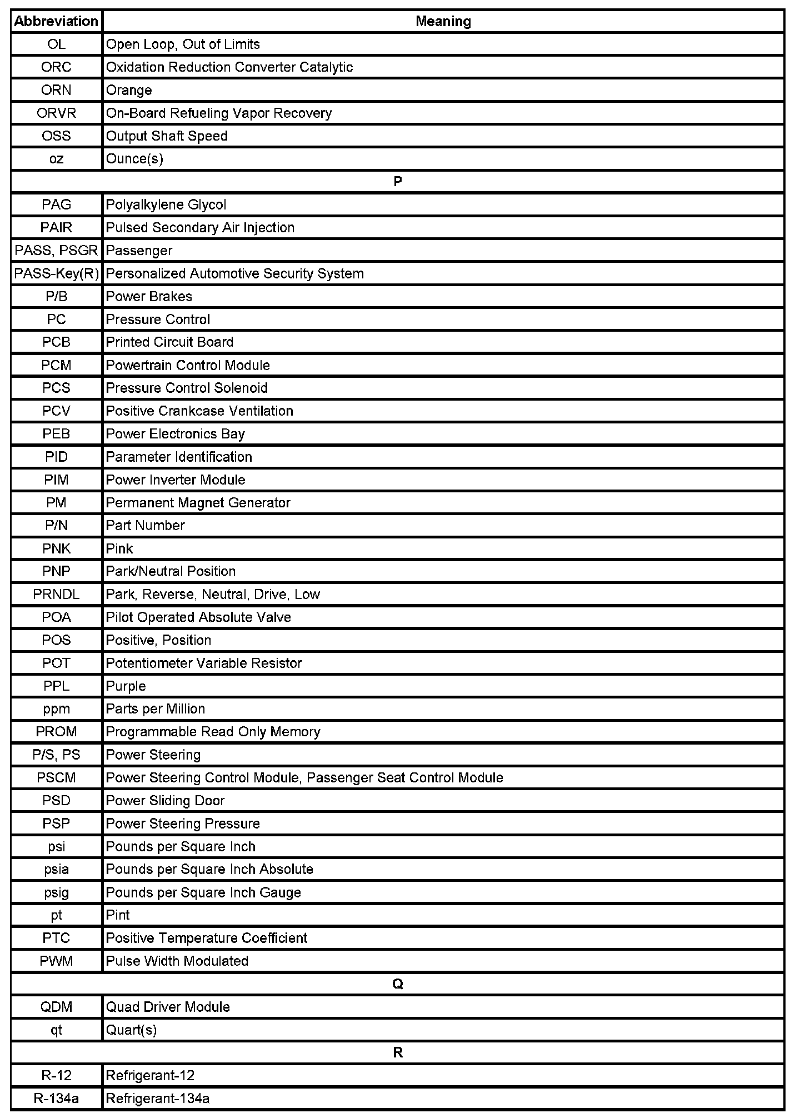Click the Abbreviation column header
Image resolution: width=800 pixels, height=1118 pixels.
pos(56,21)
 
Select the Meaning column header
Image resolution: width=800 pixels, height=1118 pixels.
pos(443,21)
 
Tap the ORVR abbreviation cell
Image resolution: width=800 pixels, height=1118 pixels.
pos(56,113)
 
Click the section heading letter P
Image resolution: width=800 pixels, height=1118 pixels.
pos(397,182)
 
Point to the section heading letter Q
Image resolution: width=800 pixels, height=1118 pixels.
pos(397,984)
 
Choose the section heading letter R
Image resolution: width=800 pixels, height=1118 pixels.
pos(397,1052)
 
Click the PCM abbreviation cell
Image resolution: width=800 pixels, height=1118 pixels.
pos(56,365)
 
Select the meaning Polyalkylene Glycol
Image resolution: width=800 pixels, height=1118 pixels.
pos(166,204)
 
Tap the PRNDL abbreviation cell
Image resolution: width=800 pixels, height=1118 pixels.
pos(56,594)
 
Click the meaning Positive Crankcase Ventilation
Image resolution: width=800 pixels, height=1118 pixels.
pos(199,411)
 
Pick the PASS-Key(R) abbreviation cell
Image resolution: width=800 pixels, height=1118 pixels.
pos(56,273)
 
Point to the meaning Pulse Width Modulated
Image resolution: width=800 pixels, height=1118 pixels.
pos(177,961)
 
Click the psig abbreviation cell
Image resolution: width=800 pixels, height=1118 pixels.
pos(56,892)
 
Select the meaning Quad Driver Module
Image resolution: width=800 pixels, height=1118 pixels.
pos(168,1007)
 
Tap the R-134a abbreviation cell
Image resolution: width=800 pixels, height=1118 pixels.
pos(56,1098)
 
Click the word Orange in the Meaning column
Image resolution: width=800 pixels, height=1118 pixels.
pos(129,90)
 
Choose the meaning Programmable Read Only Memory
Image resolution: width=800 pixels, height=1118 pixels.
pos(213,732)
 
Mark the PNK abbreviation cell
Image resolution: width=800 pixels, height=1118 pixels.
pos(56,548)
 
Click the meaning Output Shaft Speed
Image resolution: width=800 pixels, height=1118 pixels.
pos(167,136)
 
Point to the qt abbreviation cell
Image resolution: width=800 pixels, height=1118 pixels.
pos(56,1030)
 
